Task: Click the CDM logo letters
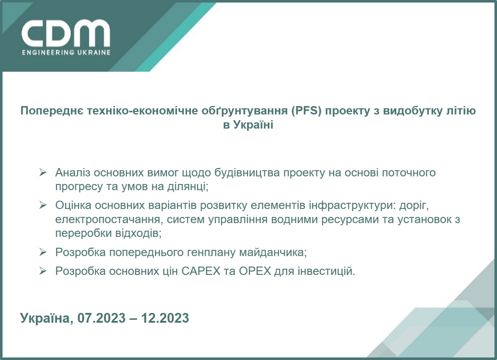click(x=66, y=33)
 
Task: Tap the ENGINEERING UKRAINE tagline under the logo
click(x=66, y=53)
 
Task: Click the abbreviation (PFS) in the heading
click(x=306, y=110)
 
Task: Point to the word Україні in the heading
click(x=253, y=125)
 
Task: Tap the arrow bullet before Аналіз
click(x=43, y=172)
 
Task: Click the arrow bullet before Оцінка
click(x=43, y=205)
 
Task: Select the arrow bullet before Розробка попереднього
click(x=43, y=252)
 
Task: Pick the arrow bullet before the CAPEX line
click(x=43, y=271)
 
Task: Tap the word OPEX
click(x=255, y=271)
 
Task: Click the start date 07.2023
click(x=101, y=318)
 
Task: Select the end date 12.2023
click(x=165, y=318)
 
